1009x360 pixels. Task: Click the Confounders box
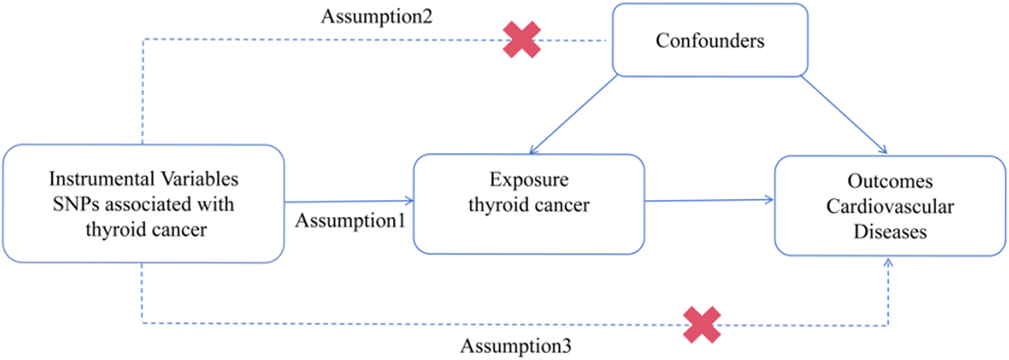709,40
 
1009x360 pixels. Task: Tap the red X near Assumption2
521,40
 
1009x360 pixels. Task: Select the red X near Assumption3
702,325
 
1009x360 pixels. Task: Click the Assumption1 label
350,221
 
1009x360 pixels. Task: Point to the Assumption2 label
377,16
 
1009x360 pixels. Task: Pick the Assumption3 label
516,346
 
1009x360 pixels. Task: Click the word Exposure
529,179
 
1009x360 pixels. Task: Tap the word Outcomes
890,181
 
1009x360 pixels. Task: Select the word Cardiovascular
890,206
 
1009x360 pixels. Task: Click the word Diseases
890,231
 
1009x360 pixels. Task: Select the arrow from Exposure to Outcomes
709,200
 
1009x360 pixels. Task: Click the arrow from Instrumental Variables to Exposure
349,201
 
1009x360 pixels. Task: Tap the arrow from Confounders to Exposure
573,114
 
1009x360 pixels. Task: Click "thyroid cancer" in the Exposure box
529,205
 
